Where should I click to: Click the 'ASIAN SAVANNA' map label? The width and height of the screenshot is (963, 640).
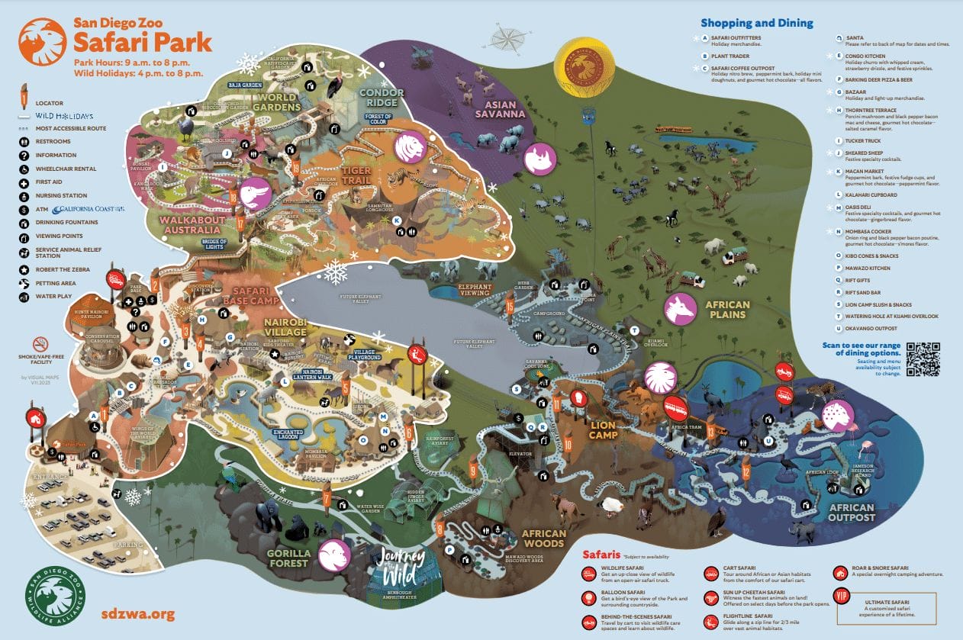(501, 108)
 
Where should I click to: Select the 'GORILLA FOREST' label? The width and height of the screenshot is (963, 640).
(287, 558)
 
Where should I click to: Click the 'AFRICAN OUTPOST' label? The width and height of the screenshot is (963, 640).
(851, 513)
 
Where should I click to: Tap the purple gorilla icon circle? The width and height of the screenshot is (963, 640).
(334, 555)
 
